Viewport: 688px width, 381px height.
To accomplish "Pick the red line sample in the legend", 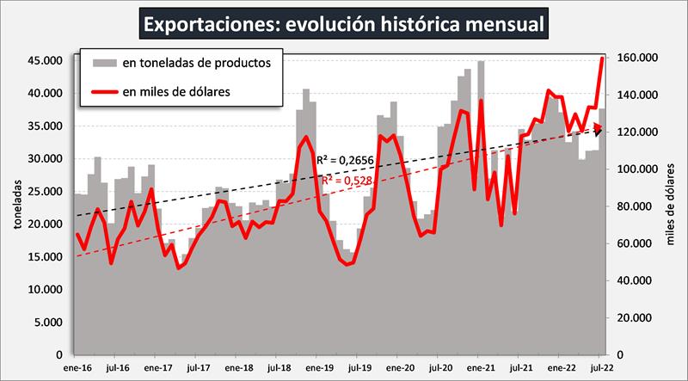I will [100, 90].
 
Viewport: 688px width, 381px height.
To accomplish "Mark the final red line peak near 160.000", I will [602, 58].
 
